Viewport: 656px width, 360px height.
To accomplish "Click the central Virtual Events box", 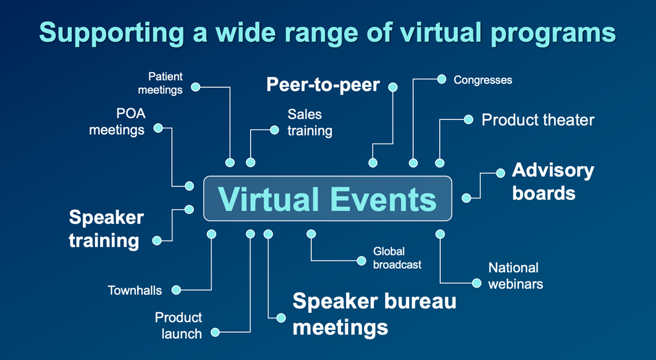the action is click(327, 198).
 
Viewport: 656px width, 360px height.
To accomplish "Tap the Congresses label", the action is click(483, 81).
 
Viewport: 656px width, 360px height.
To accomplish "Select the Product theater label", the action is click(538, 120).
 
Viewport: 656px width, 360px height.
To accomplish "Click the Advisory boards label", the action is click(553, 182).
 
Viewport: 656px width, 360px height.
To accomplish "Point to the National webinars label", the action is click(515, 276).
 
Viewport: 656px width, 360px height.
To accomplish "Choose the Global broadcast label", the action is click(397, 258).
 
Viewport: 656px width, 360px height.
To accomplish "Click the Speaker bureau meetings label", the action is click(374, 314).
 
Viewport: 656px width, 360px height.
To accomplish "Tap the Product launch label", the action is click(178, 326).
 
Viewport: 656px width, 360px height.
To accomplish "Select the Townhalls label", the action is click(135, 291).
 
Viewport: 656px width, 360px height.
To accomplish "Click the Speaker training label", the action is click(106, 229).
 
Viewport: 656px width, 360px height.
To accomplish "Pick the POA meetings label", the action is click(117, 122).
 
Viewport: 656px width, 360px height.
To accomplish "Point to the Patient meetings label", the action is click(160, 83).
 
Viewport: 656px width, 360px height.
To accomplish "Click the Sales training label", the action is click(310, 123).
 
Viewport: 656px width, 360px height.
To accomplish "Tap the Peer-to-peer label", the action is click(323, 85).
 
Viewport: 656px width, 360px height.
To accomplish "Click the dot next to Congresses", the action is click(441, 79).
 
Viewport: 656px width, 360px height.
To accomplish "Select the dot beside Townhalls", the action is click(176, 290).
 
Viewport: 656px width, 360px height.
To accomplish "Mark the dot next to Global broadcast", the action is click(361, 261).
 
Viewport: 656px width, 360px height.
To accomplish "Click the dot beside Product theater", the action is click(469, 119).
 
